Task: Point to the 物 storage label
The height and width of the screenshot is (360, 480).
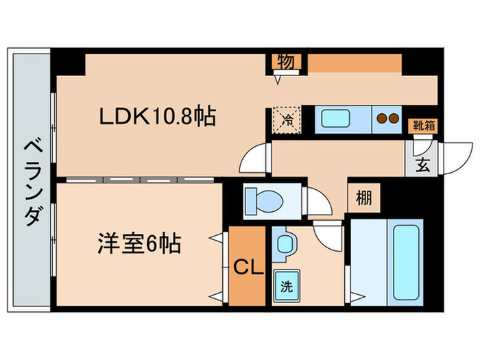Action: (286, 62)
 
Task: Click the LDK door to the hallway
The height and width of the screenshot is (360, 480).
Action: (257, 158)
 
